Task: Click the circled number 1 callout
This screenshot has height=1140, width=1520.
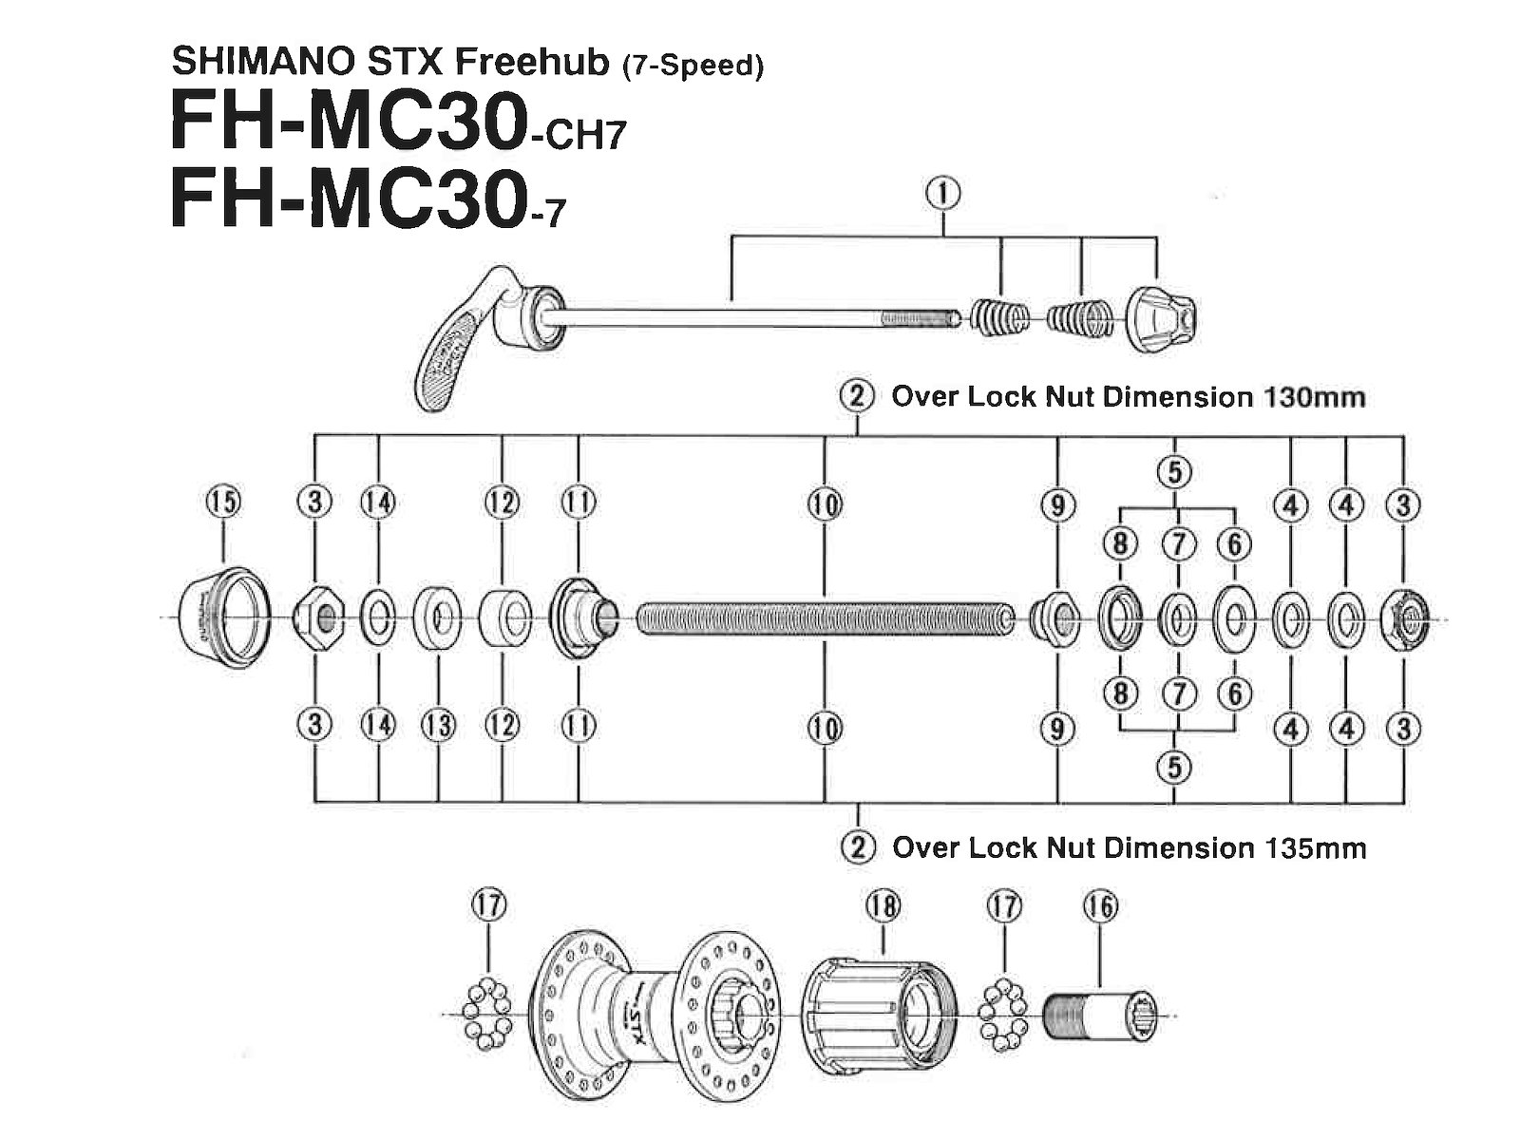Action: [943, 194]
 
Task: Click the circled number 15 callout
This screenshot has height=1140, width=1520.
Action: [223, 501]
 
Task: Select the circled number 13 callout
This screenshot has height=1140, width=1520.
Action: [438, 727]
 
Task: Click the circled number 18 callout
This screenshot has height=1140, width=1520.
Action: [883, 906]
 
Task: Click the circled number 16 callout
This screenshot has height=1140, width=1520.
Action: [1100, 906]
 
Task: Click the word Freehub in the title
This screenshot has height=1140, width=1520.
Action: [530, 62]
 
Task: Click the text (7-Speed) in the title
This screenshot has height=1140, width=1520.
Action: [692, 66]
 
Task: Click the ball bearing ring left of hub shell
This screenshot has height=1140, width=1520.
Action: [485, 1014]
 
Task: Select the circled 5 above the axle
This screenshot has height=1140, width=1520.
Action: [1175, 471]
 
